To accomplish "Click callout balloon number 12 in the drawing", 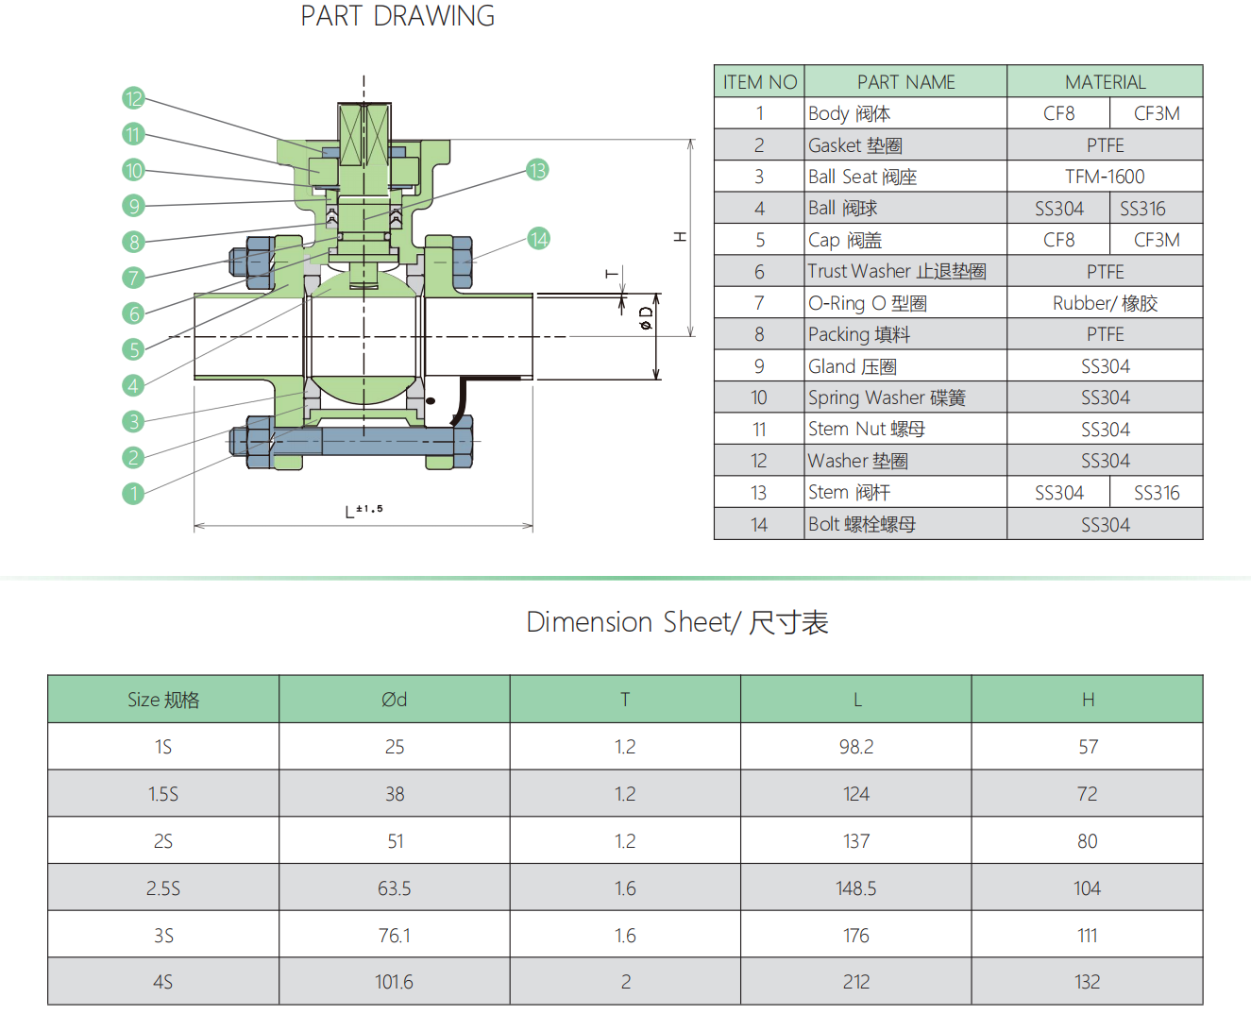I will [133, 98].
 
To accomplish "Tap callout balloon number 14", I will [538, 239].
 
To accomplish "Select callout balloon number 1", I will [133, 493].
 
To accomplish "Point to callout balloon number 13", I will [537, 170].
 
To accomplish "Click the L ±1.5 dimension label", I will [363, 511].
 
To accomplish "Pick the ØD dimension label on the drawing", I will [646, 318].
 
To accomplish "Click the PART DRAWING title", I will [397, 16].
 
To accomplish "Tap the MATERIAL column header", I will [1105, 82].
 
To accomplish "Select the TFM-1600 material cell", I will [1105, 177].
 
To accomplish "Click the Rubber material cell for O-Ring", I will [1105, 303].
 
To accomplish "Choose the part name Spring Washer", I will [887, 397].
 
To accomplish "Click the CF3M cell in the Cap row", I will [1157, 240].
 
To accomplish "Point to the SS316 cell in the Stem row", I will [1157, 493].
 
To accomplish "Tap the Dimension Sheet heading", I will [677, 622].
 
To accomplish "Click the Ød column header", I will [395, 700].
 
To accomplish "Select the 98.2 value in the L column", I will [856, 747].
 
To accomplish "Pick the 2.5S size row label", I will [163, 888].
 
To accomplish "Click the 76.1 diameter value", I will [395, 936].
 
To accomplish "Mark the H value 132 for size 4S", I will [1088, 982].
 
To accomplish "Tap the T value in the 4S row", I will [625, 982].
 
